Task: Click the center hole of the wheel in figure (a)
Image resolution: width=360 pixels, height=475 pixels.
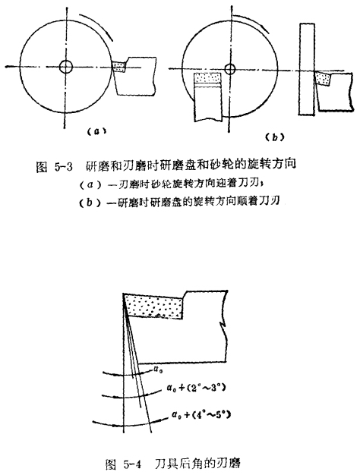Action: pyautogui.click(x=65, y=66)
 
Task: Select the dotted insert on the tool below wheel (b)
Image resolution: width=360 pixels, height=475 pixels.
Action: pyautogui.click(x=208, y=78)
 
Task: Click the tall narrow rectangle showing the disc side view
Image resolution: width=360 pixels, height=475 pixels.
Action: pyautogui.click(x=307, y=69)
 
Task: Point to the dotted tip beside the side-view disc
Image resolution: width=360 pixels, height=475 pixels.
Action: pyautogui.click(x=323, y=78)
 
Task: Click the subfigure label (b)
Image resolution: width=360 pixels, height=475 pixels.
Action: pyautogui.click(x=274, y=137)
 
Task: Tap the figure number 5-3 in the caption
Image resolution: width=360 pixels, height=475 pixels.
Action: pyautogui.click(x=64, y=167)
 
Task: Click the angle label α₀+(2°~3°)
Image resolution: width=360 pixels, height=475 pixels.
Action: pyautogui.click(x=196, y=388)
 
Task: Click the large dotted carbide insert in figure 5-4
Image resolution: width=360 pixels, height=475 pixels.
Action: pyautogui.click(x=154, y=307)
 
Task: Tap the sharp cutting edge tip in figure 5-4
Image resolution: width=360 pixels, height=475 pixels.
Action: pyautogui.click(x=123, y=294)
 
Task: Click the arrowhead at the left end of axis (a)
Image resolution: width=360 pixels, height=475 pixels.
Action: pyautogui.click(x=8, y=66)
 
